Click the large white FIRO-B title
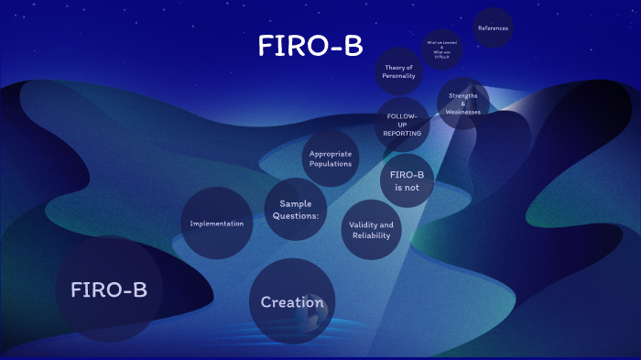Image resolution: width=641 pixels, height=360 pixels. point(310,48)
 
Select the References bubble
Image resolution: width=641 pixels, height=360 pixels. point(493,28)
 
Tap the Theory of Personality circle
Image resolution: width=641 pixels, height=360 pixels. point(399,71)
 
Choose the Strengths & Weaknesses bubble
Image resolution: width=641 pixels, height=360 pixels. point(463,103)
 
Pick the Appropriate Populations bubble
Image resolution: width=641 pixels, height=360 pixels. point(331,158)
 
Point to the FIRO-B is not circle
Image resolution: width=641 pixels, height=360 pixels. point(407,180)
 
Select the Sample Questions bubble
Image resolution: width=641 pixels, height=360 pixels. point(296,210)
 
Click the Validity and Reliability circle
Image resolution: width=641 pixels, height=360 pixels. point(372,230)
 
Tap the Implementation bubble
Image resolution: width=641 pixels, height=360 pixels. point(216,224)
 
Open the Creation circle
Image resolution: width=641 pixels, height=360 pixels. point(292,301)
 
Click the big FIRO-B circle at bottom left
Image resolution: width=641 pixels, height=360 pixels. point(109,289)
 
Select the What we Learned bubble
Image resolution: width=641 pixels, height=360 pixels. point(440,49)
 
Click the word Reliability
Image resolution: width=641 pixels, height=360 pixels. point(371,235)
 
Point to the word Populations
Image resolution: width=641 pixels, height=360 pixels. point(331,164)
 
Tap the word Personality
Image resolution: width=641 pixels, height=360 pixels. point(399,76)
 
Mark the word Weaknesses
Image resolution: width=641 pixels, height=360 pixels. point(463,112)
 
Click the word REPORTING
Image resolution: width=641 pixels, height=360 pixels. point(402,134)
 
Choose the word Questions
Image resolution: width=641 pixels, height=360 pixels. point(296,216)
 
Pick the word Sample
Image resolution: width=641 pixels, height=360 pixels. point(296,204)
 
